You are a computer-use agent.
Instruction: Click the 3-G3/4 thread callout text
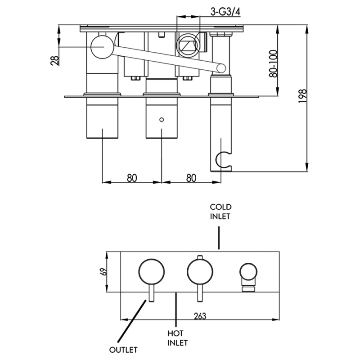225,12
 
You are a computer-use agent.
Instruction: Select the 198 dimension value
302,96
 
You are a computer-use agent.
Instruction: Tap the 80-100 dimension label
273,63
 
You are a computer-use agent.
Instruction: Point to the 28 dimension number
54,60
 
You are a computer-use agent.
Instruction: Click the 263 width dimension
200,316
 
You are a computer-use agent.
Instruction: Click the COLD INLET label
220,211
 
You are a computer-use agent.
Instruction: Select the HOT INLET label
177,338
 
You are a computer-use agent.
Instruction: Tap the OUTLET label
123,350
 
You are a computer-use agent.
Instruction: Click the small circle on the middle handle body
162,120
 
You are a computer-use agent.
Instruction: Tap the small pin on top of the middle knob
200,257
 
